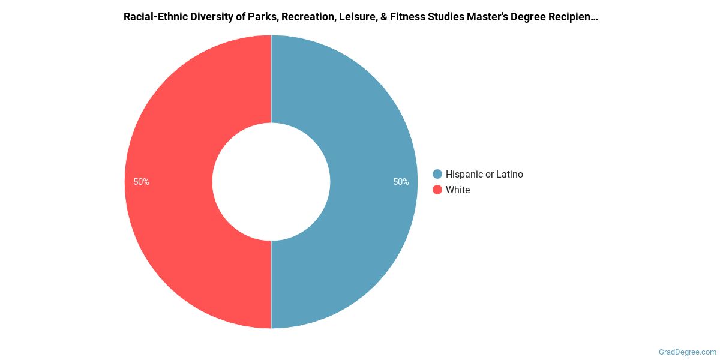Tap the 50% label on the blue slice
coord(401,182)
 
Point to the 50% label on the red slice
coord(142,182)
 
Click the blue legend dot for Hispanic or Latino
coord(437,174)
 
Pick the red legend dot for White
coord(437,190)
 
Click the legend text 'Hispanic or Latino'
coord(484,174)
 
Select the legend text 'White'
coord(458,190)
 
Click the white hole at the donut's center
coord(271,182)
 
